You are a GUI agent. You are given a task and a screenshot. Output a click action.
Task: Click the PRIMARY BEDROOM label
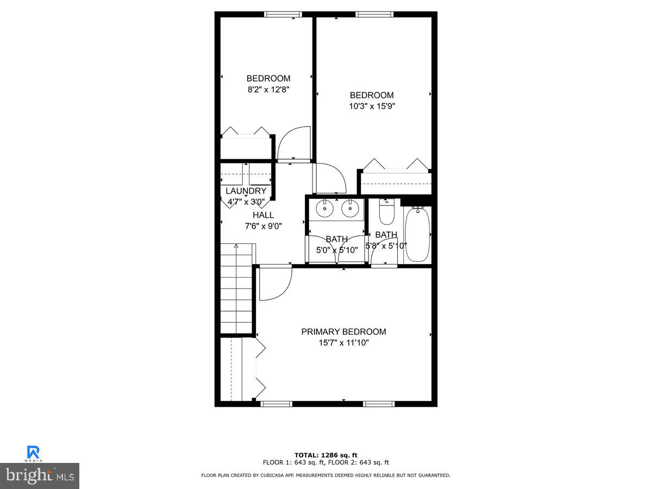tap(343, 331)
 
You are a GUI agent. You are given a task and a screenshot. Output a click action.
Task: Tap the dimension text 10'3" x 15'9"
tap(372, 106)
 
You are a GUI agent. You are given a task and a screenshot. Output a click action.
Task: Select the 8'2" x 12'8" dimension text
tap(268, 90)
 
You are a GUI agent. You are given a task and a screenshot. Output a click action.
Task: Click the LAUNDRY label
tap(246, 191)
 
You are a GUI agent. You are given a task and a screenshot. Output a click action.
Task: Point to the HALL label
tap(263, 215)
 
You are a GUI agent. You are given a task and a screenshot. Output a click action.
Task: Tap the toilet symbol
tap(386, 213)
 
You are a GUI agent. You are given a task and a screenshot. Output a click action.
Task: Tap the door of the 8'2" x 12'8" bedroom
tap(293, 144)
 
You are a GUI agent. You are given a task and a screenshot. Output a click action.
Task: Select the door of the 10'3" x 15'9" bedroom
tap(329, 178)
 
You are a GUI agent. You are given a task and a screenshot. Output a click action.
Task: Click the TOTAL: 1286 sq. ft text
tap(325, 455)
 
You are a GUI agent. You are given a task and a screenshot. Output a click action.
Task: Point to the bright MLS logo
tap(40, 476)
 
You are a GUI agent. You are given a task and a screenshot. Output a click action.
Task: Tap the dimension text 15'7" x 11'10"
tap(343, 343)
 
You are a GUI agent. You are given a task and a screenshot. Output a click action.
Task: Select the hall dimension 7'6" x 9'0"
tap(263, 226)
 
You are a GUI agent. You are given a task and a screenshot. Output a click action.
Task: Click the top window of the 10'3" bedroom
tap(374, 15)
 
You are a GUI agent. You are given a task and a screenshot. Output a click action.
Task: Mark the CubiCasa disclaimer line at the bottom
tap(325, 475)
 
